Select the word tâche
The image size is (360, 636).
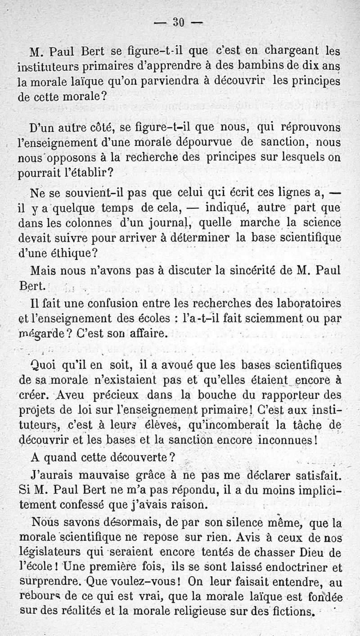[x=302, y=425]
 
